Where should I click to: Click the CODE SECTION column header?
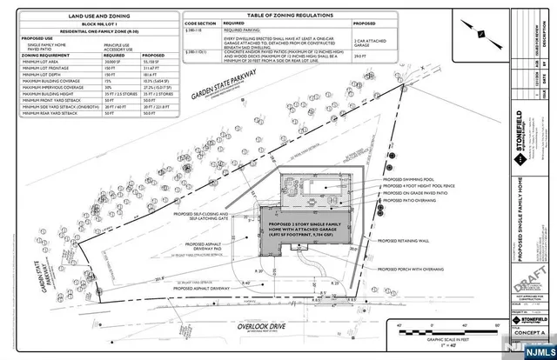(200, 24)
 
